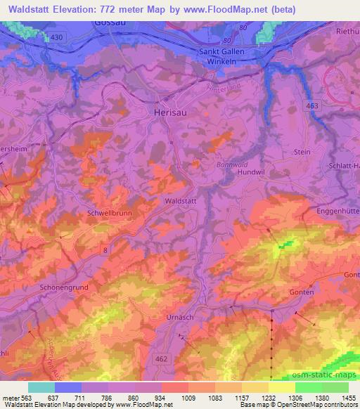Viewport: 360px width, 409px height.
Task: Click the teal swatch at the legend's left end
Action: [x=41, y=387]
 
